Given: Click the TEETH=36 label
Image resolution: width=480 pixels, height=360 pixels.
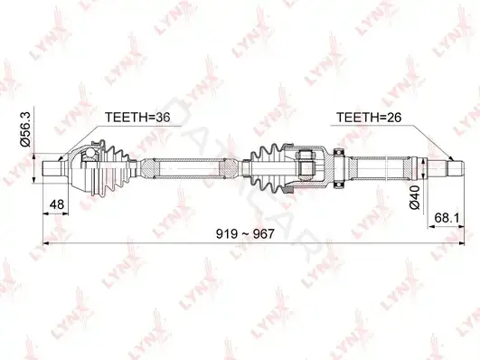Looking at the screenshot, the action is [137, 117].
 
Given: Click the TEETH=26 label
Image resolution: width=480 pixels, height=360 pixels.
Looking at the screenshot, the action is [369, 117].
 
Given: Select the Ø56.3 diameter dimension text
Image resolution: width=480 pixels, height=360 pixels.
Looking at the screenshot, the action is [25, 128].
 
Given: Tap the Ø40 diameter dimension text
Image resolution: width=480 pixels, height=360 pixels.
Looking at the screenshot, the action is [415, 197].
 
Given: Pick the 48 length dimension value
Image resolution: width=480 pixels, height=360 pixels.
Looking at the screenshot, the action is [57, 204].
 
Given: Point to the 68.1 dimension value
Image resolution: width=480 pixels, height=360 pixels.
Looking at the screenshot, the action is [447, 218].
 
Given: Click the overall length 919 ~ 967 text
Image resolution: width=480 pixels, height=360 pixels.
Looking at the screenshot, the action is [245, 234].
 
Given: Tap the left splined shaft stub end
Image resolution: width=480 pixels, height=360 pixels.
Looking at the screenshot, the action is [52, 168].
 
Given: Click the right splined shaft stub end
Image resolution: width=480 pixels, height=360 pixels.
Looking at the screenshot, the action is [456, 168].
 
